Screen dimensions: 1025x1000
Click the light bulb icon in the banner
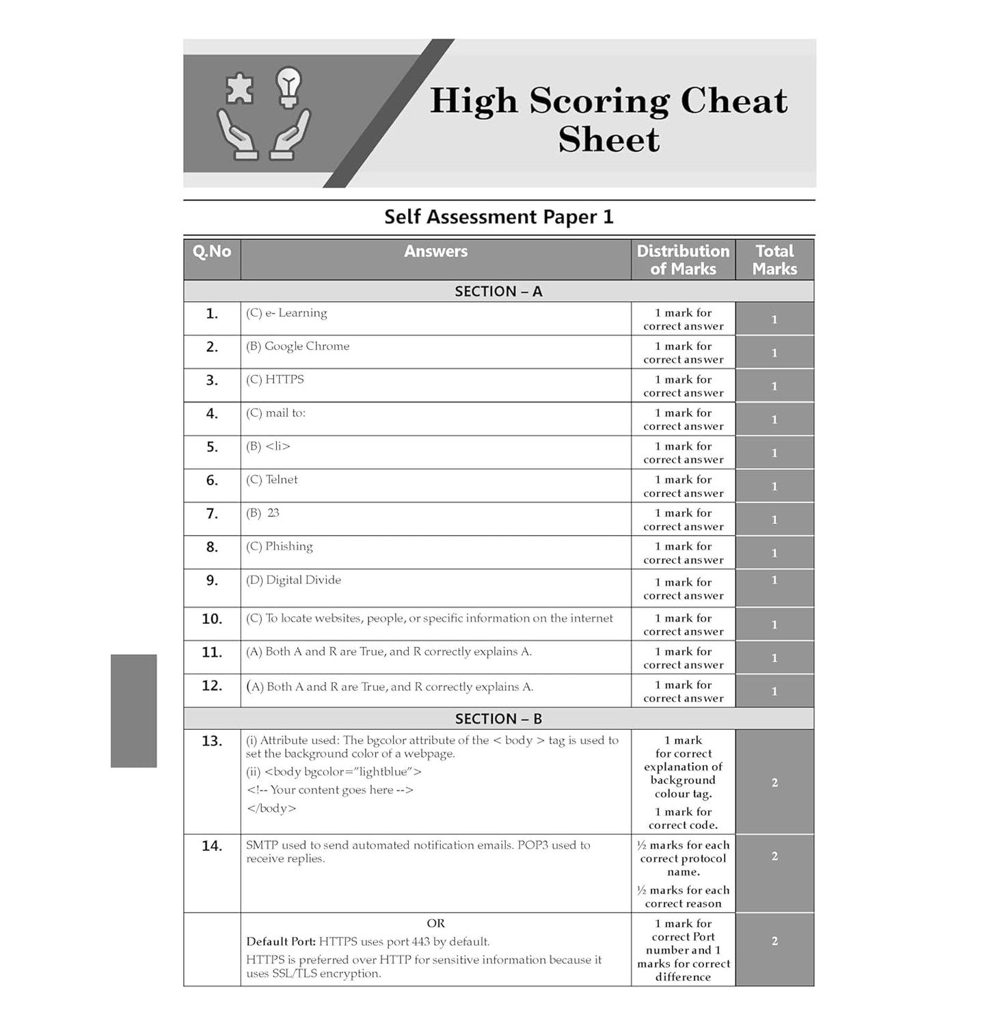click(x=288, y=87)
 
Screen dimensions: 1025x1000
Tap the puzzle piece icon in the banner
click(x=239, y=89)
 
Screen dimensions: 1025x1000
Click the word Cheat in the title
click(x=733, y=100)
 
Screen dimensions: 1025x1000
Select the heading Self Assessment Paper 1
click(x=499, y=217)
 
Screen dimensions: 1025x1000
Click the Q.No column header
click(x=212, y=251)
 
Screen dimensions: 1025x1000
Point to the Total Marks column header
click(x=774, y=260)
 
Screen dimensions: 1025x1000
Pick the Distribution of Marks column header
click(x=683, y=260)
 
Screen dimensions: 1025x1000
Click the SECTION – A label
click(x=498, y=292)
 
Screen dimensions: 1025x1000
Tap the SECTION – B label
click(x=498, y=719)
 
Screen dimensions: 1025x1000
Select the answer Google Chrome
click(x=298, y=346)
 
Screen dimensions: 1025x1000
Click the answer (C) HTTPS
click(x=275, y=380)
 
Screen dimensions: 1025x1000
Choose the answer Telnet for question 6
click(x=272, y=480)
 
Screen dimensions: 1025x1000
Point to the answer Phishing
click(x=280, y=547)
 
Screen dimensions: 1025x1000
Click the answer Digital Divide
click(x=294, y=580)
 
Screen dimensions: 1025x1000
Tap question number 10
click(x=212, y=619)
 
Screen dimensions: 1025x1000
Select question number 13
click(x=212, y=741)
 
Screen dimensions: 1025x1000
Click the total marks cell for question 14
click(x=774, y=856)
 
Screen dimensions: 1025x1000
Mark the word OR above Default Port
click(x=435, y=923)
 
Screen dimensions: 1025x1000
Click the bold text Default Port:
click(x=281, y=942)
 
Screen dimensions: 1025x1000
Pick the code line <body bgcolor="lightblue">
click(x=334, y=772)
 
